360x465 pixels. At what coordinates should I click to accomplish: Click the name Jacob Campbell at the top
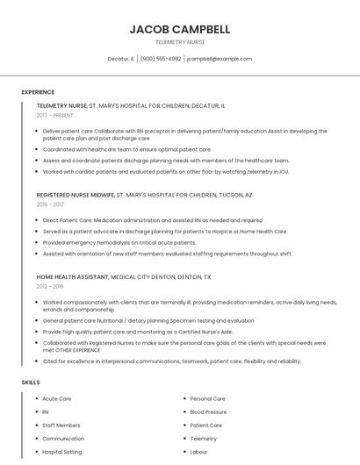point(180,29)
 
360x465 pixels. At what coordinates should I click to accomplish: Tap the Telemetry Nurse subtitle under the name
point(180,42)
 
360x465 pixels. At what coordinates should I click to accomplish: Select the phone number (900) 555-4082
point(161,59)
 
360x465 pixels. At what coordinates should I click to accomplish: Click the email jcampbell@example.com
point(220,59)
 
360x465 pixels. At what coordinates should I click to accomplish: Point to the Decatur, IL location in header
point(120,59)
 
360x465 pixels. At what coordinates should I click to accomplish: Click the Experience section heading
point(38,92)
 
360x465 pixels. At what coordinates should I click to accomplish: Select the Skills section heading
point(31,383)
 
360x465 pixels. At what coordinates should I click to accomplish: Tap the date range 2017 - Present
point(55,116)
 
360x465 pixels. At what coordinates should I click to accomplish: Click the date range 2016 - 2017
point(50,204)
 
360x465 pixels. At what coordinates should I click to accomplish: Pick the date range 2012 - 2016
point(50,286)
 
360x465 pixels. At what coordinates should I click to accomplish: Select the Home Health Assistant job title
point(72,276)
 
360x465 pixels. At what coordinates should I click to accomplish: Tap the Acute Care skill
point(57,398)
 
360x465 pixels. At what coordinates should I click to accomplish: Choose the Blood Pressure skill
point(208,411)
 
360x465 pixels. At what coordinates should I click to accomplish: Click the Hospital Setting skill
point(62,452)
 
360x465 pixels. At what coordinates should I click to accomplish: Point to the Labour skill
point(199,452)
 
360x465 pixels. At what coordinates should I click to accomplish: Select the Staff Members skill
point(61,426)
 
